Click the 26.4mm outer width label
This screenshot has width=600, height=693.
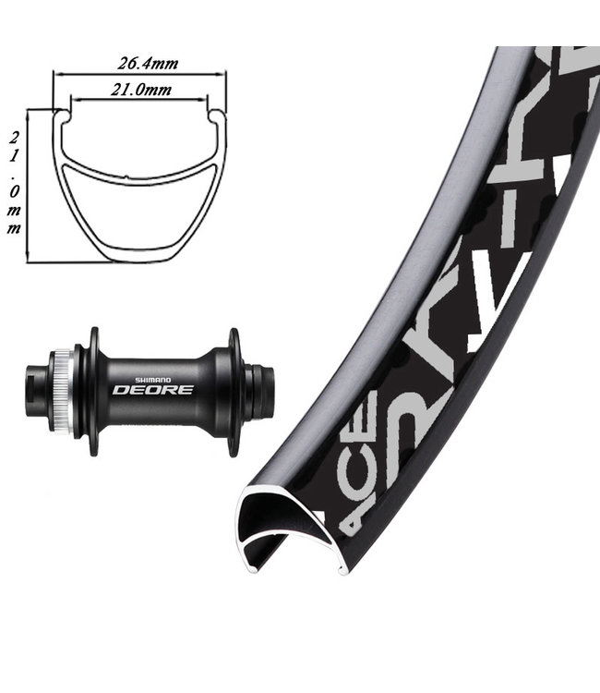(x=148, y=63)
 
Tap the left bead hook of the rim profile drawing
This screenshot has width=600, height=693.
(x=63, y=115)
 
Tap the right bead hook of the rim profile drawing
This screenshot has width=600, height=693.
(x=218, y=115)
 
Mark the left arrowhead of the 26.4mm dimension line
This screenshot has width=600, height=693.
(x=55, y=74)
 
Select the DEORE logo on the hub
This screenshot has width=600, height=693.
(x=152, y=389)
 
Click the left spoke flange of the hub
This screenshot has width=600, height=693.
(x=92, y=390)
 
